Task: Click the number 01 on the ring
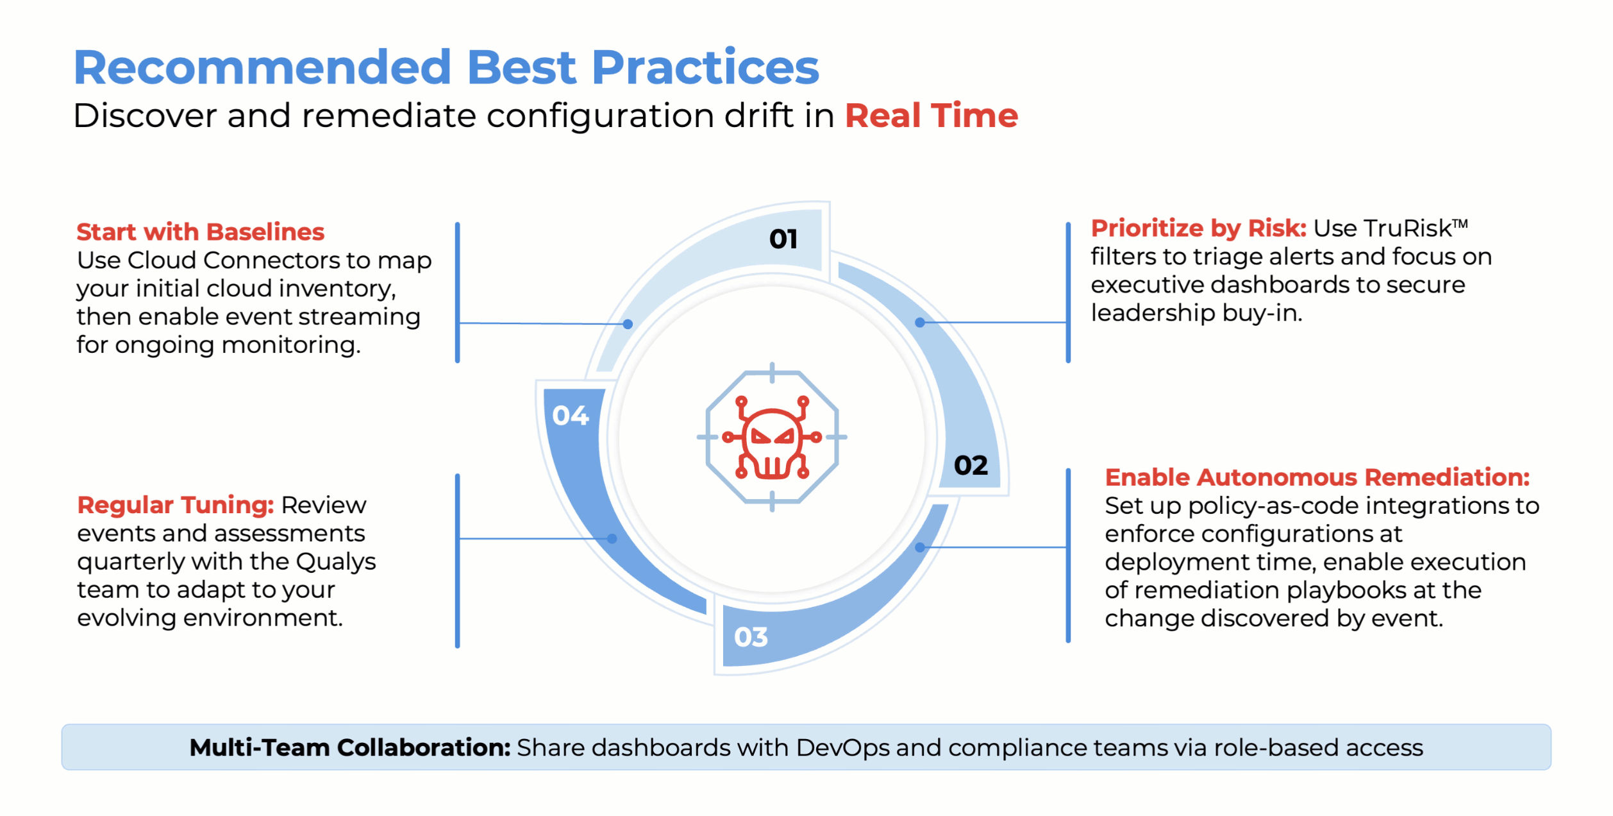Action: click(783, 239)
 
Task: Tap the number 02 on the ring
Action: click(971, 466)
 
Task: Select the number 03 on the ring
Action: click(751, 637)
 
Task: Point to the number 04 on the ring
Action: click(570, 416)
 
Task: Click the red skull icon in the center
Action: click(772, 438)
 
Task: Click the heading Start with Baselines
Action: click(200, 232)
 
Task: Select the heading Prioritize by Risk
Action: click(1198, 228)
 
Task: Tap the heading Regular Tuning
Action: click(176, 506)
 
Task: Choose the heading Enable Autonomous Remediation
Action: click(1317, 477)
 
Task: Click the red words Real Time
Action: click(932, 115)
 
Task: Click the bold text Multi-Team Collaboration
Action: click(350, 747)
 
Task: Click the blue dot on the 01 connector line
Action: click(628, 325)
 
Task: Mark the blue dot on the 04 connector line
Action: click(612, 539)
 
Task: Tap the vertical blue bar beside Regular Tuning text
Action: click(457, 561)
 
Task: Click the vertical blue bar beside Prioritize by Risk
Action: click(1068, 293)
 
